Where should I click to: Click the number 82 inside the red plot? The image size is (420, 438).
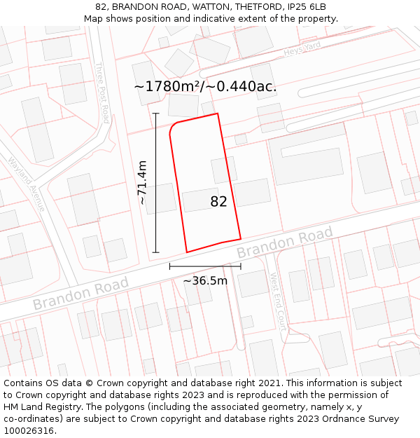coord(218,202)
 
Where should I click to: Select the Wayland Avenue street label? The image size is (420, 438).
coord(27,184)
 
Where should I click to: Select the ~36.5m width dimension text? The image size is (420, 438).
coord(205,281)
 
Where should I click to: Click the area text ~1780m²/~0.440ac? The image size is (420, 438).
coord(205,87)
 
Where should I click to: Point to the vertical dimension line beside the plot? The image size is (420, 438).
coord(155,182)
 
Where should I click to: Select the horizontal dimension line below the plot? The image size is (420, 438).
coord(205,266)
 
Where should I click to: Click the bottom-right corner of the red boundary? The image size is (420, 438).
coord(241,239)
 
